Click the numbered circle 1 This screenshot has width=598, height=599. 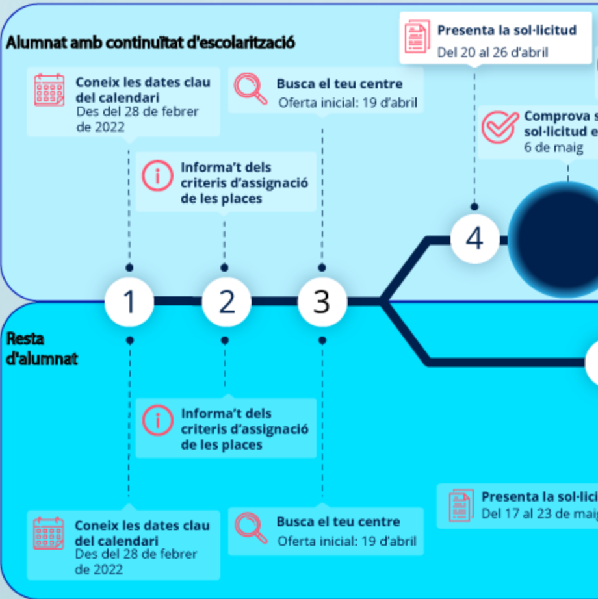(129, 301)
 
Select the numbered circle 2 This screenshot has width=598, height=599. (226, 301)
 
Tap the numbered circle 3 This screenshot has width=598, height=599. (322, 301)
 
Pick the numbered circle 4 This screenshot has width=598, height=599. (474, 239)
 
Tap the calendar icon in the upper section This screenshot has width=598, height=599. (49, 90)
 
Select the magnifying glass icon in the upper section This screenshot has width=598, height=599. (250, 89)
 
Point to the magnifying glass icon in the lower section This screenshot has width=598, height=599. (250, 527)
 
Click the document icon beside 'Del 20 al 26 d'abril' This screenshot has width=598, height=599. (417, 37)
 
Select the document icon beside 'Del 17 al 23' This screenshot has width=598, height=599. (461, 505)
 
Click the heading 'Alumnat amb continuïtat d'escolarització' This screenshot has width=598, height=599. (150, 44)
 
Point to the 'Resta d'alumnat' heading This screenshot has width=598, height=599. (42, 348)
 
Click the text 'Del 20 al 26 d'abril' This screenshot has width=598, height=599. (492, 52)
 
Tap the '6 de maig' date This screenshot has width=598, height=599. (553, 148)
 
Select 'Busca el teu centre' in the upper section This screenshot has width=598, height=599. (339, 84)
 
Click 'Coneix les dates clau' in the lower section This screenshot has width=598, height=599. (142, 525)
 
